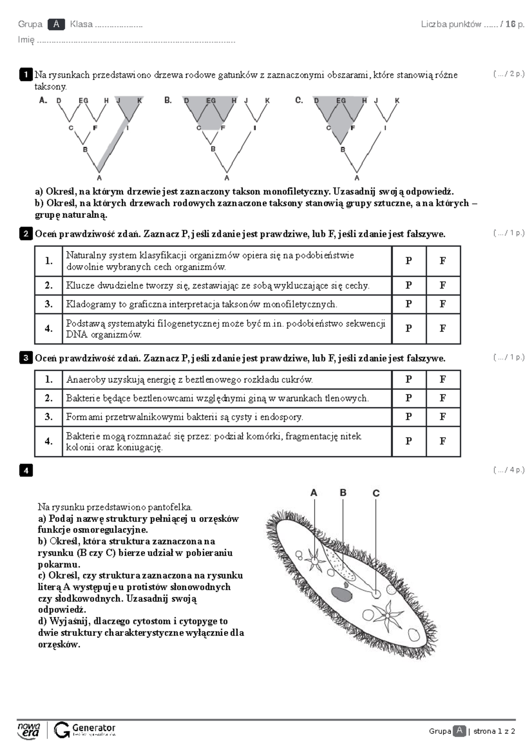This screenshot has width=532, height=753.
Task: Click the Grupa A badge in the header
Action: (56, 24)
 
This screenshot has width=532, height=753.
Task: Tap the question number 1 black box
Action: (26, 75)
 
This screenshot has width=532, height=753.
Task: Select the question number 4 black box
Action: (26, 470)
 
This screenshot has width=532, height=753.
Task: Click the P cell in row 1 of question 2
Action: (408, 261)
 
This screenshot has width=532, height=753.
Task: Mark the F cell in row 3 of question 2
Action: (443, 304)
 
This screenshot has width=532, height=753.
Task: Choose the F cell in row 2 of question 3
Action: (443, 398)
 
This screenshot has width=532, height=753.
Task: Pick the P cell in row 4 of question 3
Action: (408, 441)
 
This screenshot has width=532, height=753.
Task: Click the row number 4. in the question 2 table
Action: (49, 329)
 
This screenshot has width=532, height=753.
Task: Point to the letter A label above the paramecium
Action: (313, 493)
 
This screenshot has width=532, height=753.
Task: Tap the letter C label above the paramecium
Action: (376, 493)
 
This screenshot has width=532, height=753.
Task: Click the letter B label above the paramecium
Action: (343, 493)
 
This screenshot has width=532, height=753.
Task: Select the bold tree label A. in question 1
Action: (43, 100)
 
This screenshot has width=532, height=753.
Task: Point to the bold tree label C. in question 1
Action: (299, 100)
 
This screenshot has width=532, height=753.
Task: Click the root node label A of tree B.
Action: (227, 177)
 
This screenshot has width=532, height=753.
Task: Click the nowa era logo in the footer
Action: (29, 730)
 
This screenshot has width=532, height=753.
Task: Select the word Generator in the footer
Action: (94, 728)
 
